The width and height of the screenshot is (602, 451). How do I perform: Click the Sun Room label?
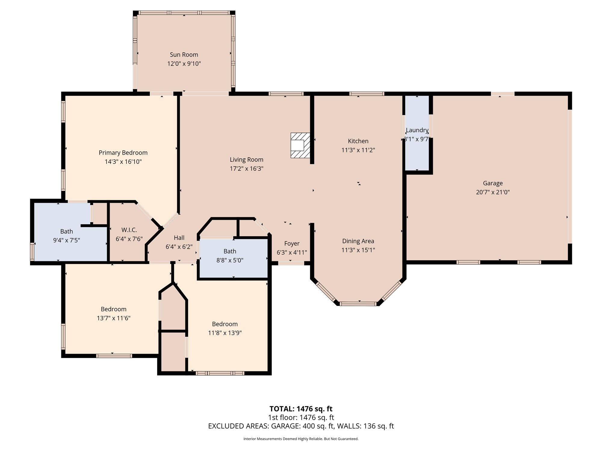[x=184, y=54]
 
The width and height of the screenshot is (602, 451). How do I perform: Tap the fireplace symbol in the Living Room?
[x=300, y=146]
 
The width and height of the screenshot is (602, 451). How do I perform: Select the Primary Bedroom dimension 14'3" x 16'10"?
[x=123, y=161]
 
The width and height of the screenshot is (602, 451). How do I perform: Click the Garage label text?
[x=493, y=183]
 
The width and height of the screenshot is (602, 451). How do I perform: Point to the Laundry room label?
[x=417, y=130]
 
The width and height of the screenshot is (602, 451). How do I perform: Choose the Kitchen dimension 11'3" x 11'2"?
[x=358, y=150]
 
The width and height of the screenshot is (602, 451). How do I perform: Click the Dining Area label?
[x=358, y=241]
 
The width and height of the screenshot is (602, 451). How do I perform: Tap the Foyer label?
[x=292, y=244]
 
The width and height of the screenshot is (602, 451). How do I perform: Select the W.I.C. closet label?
[x=129, y=230]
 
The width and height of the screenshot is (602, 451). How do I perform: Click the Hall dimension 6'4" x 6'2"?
[x=179, y=247]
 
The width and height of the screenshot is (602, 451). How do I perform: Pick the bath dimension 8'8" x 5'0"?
[x=230, y=260]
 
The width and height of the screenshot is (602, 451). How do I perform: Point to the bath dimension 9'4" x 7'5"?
[x=67, y=240]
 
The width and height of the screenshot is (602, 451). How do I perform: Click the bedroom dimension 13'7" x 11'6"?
[x=113, y=318]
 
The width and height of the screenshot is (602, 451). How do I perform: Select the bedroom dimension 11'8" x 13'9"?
[x=225, y=333]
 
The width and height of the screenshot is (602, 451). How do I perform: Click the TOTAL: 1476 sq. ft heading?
[x=301, y=409]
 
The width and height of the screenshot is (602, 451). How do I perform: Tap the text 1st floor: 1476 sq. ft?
[x=301, y=417]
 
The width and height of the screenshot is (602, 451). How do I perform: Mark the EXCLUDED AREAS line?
[x=301, y=426]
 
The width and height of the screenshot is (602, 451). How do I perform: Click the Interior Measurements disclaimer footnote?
[x=301, y=439]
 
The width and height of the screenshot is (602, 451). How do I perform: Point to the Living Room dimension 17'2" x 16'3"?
[x=247, y=169]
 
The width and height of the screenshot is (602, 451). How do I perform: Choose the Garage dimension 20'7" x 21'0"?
[x=493, y=192]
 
